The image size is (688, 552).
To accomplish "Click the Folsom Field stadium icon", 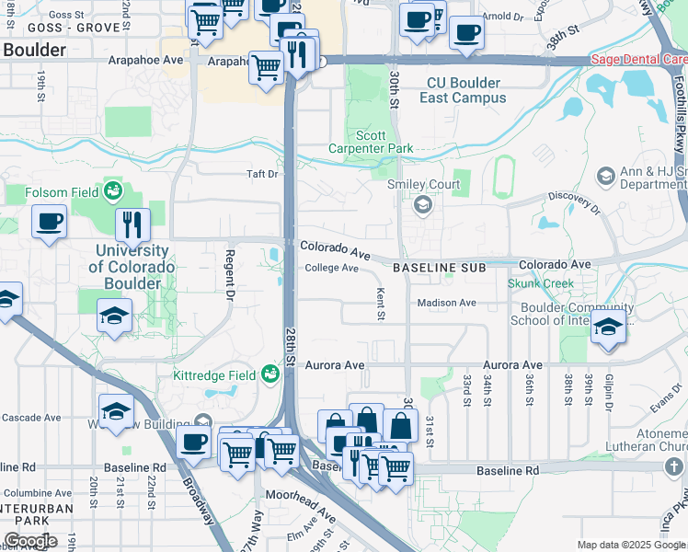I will click(x=114, y=191).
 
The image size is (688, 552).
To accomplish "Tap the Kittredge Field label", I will click(x=216, y=374).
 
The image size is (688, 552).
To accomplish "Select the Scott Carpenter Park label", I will click(x=371, y=142).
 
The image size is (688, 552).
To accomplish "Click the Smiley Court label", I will click(x=423, y=184).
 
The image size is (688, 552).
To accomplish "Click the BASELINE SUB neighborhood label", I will click(x=439, y=267).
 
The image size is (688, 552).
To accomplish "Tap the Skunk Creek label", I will click(x=541, y=284).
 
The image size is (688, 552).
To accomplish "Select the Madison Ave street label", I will click(x=446, y=303).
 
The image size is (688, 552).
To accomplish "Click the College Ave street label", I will click(x=331, y=268).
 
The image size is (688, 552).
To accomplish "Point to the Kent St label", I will click(x=381, y=303).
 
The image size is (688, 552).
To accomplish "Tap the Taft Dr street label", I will click(x=261, y=173).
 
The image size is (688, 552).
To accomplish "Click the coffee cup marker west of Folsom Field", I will click(x=49, y=221).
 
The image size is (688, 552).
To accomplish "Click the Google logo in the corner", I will click(x=30, y=541).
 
